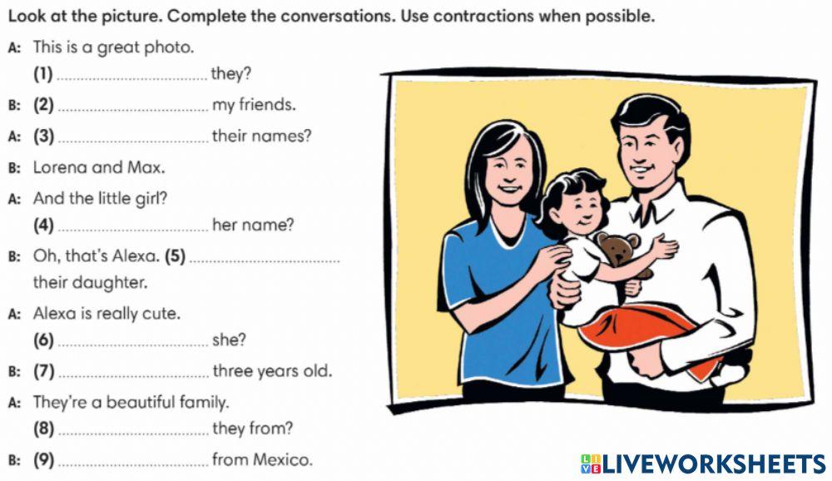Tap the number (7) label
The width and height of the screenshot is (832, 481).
[44, 370]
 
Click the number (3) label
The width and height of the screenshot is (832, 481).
[44, 136]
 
